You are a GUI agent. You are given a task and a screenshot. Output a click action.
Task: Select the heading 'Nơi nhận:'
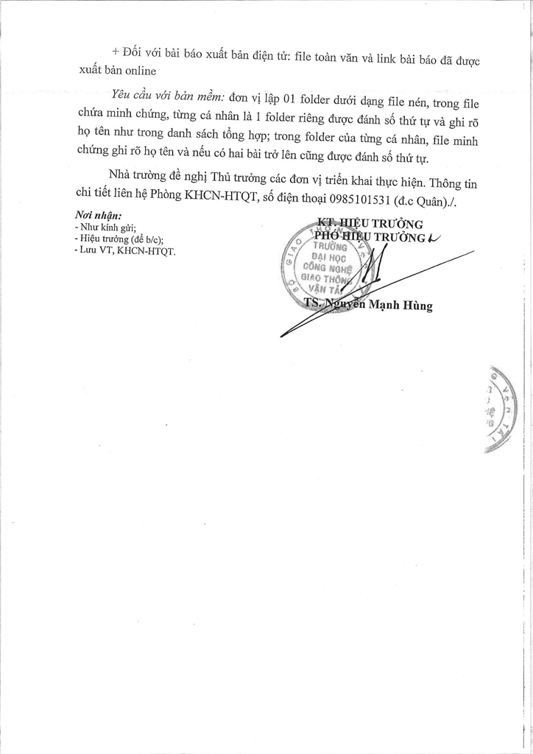(96, 215)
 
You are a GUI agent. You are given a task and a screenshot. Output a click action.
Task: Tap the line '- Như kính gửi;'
(106, 228)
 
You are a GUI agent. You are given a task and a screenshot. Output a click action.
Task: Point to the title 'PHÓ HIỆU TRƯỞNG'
(370, 238)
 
